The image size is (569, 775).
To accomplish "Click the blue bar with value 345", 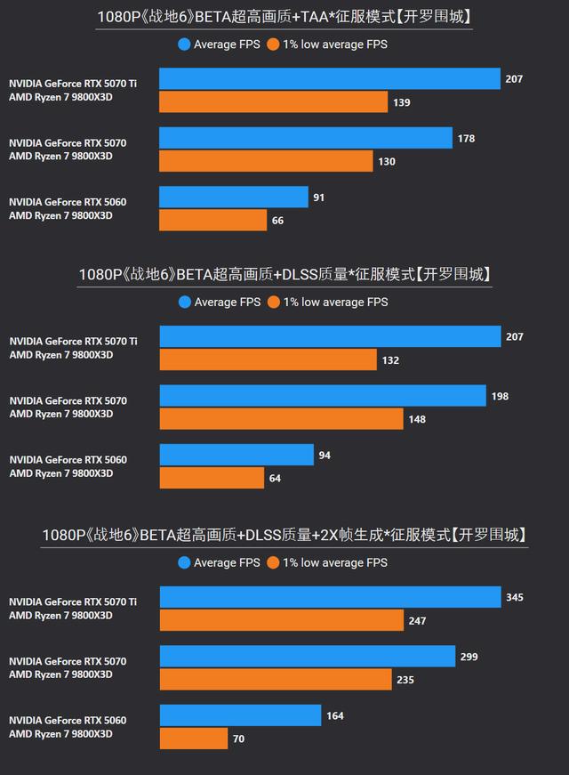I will [330, 597].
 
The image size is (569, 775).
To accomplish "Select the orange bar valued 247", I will [282, 620].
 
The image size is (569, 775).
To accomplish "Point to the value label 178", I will [466, 138].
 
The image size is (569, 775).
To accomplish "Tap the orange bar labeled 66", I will [212, 220].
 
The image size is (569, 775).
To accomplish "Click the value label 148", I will [416, 419].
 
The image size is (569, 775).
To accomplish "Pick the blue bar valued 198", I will [323, 396].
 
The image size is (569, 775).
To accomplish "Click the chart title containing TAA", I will [284, 16].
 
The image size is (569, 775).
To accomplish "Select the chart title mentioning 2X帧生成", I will [284, 535].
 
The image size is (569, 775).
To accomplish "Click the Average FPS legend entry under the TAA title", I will [219, 44].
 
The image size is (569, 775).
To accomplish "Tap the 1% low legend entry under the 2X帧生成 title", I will [326, 562].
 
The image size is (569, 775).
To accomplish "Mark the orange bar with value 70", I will [193, 739].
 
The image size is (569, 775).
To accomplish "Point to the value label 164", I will [334, 715].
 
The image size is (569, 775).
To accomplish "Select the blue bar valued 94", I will [236, 455].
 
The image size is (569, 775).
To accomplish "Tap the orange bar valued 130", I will [266, 161].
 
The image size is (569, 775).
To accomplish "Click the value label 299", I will [469, 657].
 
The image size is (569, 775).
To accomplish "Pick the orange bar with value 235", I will [276, 680].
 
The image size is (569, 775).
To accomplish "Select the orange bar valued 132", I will [268, 359].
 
